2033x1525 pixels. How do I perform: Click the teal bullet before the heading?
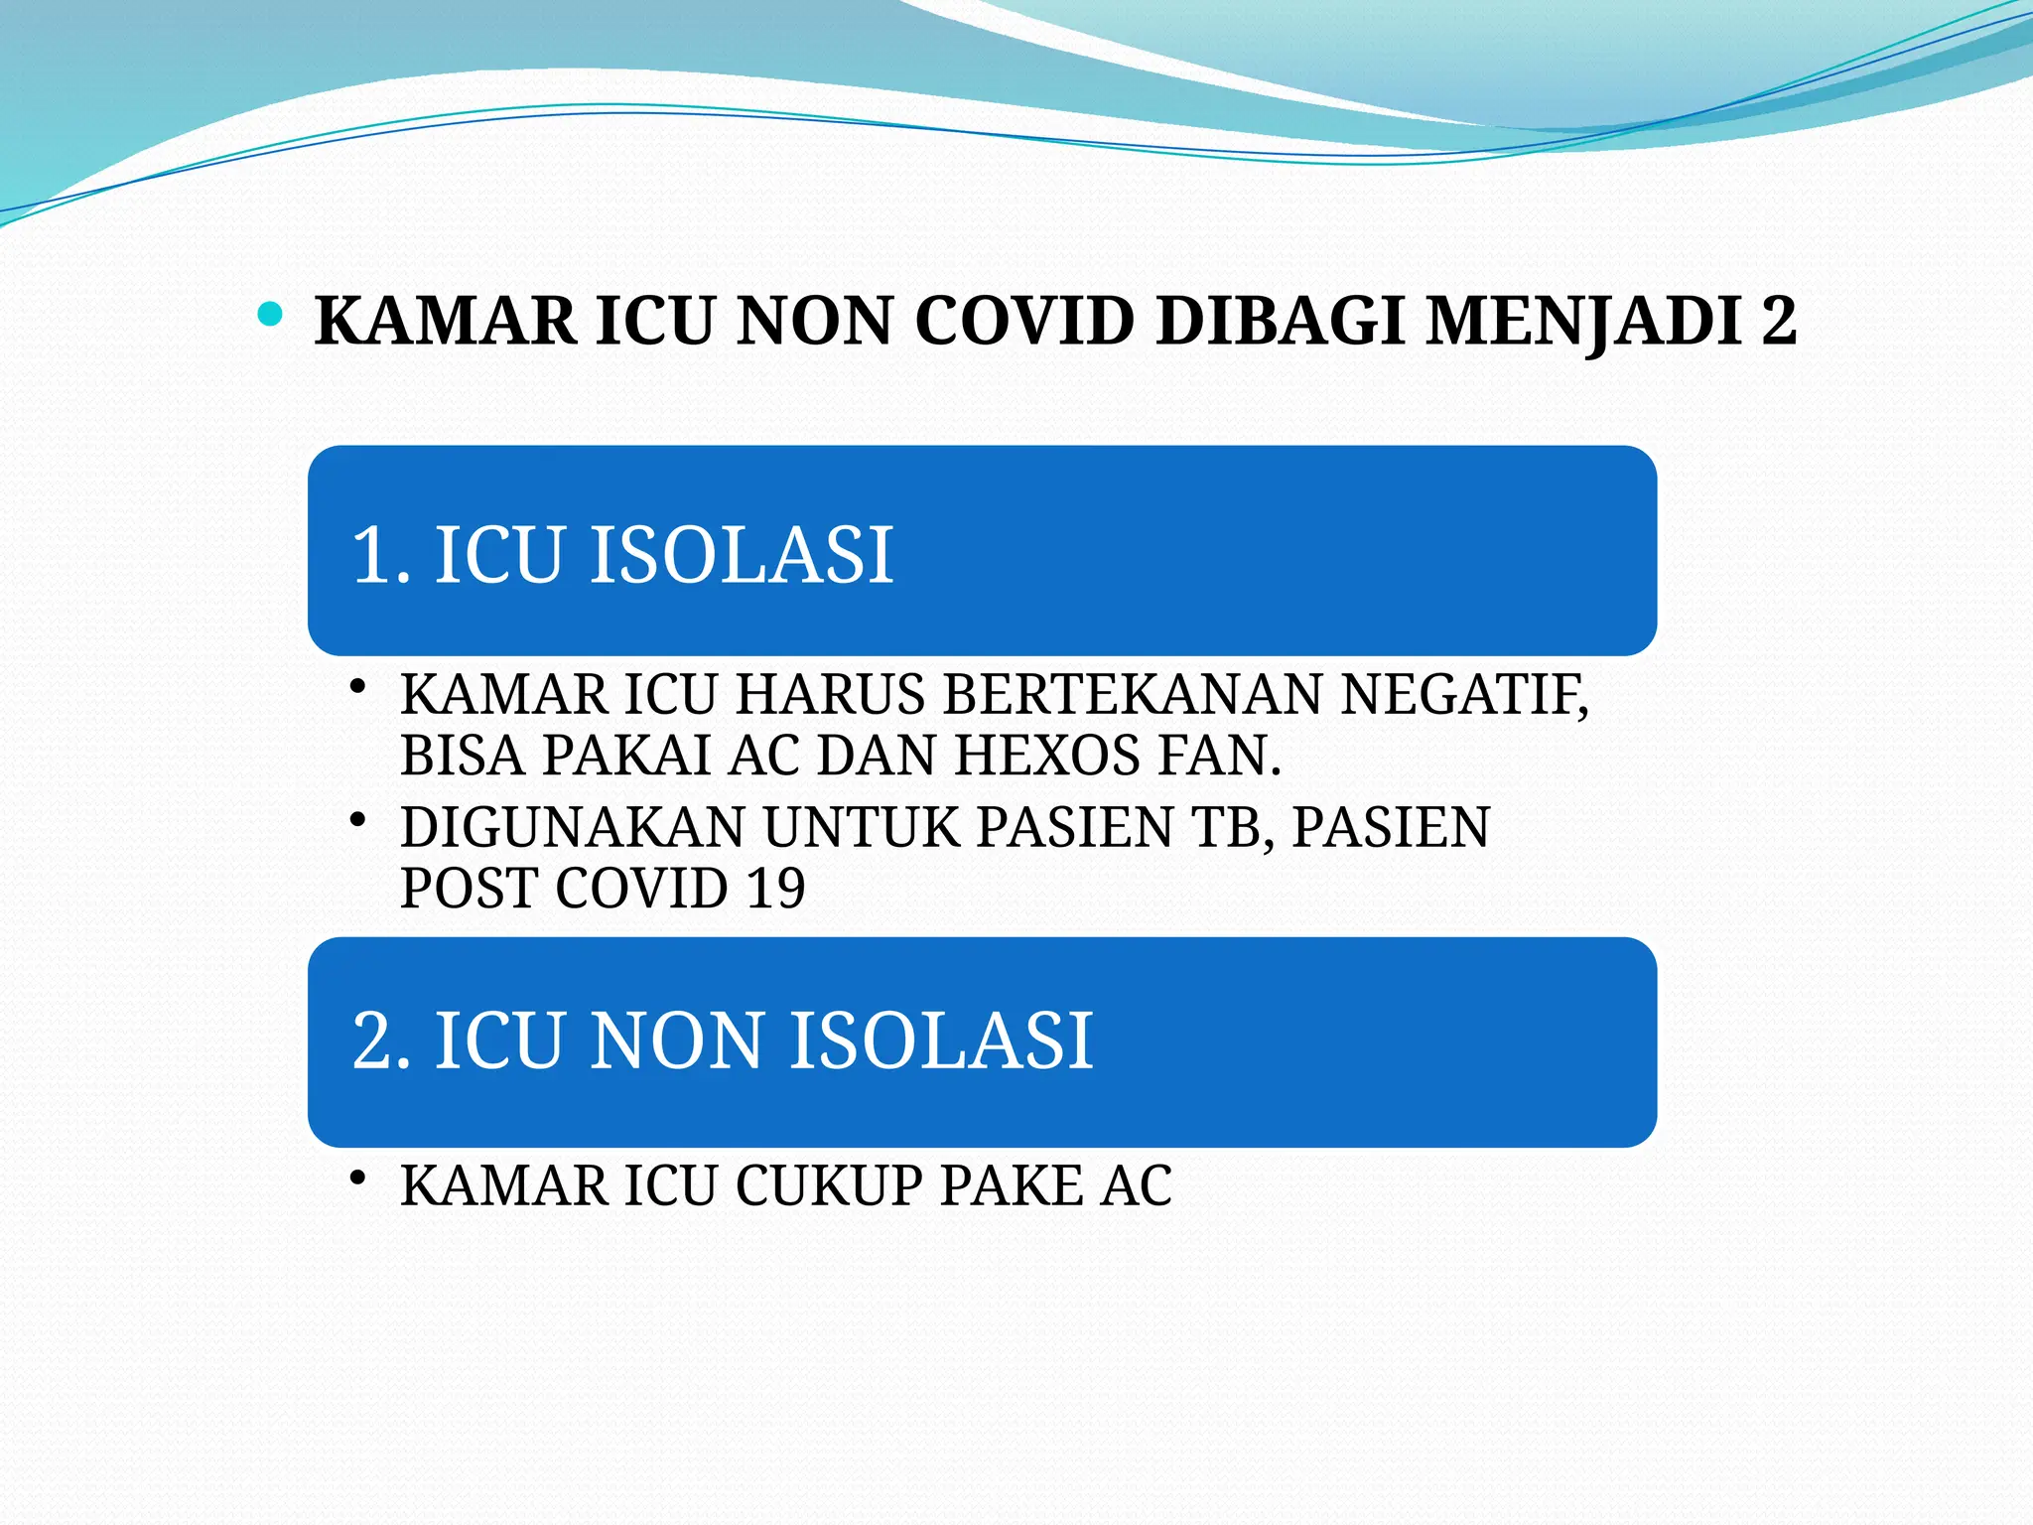269,316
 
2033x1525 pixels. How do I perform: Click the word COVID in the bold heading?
1024,321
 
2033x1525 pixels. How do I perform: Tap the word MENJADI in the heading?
1584,321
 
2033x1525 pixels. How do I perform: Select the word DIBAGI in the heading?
1281,321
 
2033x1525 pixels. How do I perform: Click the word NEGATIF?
1464,694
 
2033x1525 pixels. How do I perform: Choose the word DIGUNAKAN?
573,827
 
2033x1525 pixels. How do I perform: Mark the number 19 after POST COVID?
775,888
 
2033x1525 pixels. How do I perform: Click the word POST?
469,888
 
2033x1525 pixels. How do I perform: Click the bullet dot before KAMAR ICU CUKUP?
359,1178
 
